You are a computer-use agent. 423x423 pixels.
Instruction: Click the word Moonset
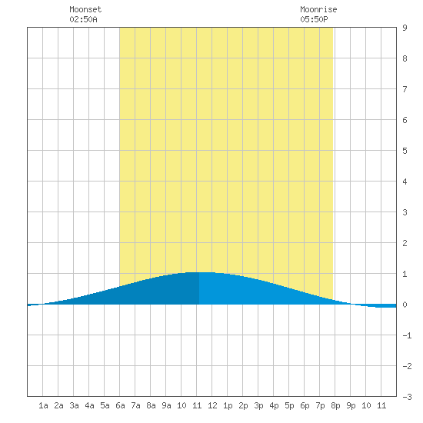click(x=85, y=9)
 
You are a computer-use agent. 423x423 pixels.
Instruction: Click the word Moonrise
click(x=318, y=9)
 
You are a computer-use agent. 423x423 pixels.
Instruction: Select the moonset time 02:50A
click(x=83, y=19)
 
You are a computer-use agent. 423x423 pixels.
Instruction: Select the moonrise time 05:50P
click(x=314, y=19)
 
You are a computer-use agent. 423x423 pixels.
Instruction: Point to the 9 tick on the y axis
click(x=405, y=28)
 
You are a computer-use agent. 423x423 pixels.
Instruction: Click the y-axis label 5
click(x=405, y=151)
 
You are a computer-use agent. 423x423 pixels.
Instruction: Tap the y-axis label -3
click(x=408, y=397)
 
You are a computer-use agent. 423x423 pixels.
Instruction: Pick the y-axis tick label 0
click(x=405, y=305)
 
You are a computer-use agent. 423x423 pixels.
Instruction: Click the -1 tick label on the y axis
click(x=408, y=335)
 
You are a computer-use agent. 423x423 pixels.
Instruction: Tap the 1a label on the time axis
click(x=43, y=405)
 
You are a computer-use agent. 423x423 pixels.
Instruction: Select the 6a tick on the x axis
click(x=120, y=405)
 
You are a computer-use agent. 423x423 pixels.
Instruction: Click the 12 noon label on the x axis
click(x=212, y=405)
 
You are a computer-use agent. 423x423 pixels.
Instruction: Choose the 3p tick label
click(x=258, y=405)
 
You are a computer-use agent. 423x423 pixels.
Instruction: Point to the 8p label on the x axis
click(x=335, y=405)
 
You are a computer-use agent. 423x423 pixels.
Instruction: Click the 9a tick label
click(x=166, y=405)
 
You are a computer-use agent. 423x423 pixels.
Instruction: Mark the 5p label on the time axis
click(x=289, y=405)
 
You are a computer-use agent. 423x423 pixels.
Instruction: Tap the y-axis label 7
click(x=405, y=89)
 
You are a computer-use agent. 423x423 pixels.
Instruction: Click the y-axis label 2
click(x=405, y=243)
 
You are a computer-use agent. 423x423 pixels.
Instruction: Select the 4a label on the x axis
click(x=89, y=405)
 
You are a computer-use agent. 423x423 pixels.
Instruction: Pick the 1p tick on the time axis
click(x=228, y=405)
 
